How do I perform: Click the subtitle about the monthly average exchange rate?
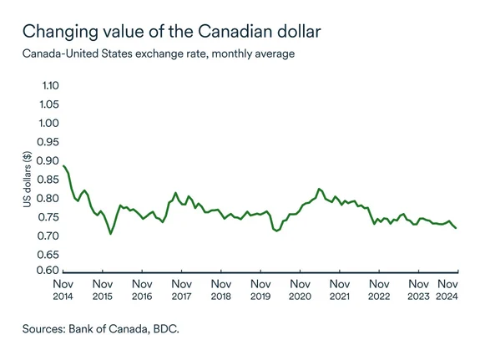click(159, 54)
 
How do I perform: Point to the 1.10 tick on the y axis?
click(49, 86)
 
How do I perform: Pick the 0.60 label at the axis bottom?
click(49, 271)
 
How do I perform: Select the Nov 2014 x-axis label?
click(63, 289)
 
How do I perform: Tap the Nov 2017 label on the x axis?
click(181, 289)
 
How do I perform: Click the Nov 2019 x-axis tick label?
click(260, 289)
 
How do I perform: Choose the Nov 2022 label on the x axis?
click(379, 289)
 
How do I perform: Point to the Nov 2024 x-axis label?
click(448, 289)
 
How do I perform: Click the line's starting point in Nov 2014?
click(64, 165)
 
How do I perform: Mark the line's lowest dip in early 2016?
click(110, 234)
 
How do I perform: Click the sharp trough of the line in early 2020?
click(276, 231)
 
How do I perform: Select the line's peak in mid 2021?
click(319, 189)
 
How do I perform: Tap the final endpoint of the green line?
click(456, 228)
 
